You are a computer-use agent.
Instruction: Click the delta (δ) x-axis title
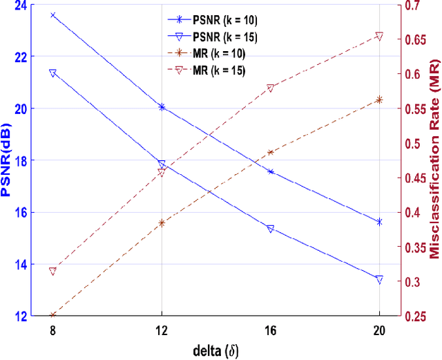pos(215,350)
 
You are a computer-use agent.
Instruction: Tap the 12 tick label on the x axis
pos(162,331)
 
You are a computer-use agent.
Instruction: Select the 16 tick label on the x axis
pos(271,331)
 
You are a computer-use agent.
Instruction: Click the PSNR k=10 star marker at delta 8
pos(52,15)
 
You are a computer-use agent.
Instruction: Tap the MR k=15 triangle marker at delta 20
pos(379,36)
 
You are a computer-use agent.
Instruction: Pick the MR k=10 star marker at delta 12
pos(162,223)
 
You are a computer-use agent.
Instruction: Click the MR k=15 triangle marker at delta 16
pos(270,88)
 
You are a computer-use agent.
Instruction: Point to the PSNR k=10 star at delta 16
pos(270,171)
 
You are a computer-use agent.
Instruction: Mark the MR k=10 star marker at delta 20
pos(379,100)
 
